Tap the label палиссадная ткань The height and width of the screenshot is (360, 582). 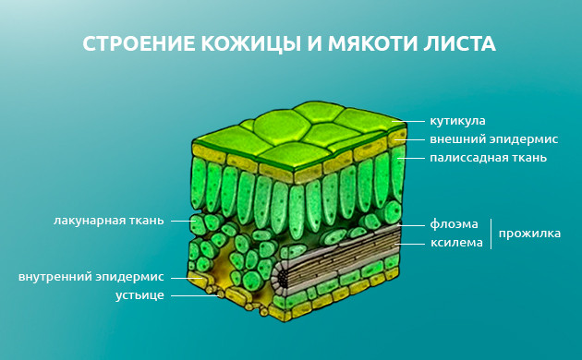(x=488, y=158)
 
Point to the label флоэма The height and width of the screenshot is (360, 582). (x=454, y=224)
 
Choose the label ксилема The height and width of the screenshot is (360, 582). (x=456, y=243)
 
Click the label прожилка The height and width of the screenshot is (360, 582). (x=529, y=234)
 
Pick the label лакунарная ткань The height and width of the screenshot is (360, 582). (x=108, y=221)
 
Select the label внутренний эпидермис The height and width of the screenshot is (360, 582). (x=91, y=276)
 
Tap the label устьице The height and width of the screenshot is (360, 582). (x=139, y=294)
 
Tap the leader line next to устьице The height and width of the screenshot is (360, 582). (x=190, y=294)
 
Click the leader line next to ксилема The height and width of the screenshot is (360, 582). (x=411, y=243)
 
